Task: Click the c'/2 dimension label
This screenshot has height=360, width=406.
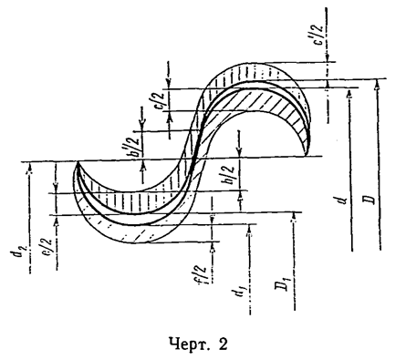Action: coord(319,34)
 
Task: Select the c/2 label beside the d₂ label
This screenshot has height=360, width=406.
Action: coord(49,249)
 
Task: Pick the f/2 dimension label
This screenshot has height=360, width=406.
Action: coord(203,274)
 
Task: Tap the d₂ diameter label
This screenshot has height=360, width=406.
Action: coord(21,250)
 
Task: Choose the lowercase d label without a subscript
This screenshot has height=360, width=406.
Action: coord(344,201)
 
